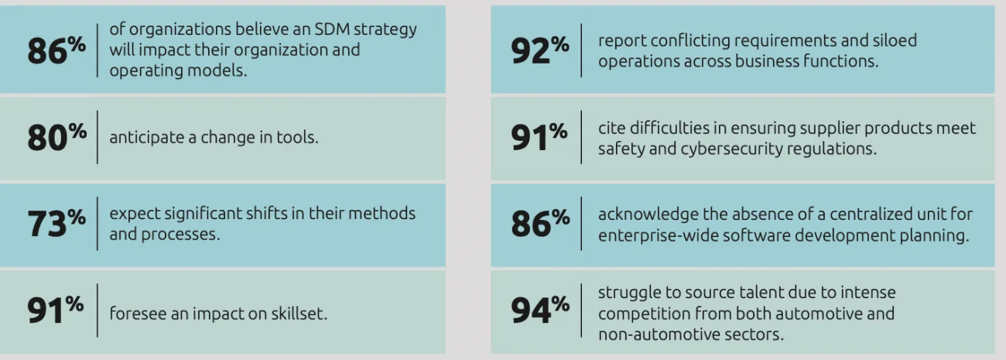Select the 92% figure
[x=539, y=50]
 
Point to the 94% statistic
[x=539, y=310]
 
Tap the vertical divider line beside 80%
[x=98, y=137]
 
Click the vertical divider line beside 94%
[x=581, y=310]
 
